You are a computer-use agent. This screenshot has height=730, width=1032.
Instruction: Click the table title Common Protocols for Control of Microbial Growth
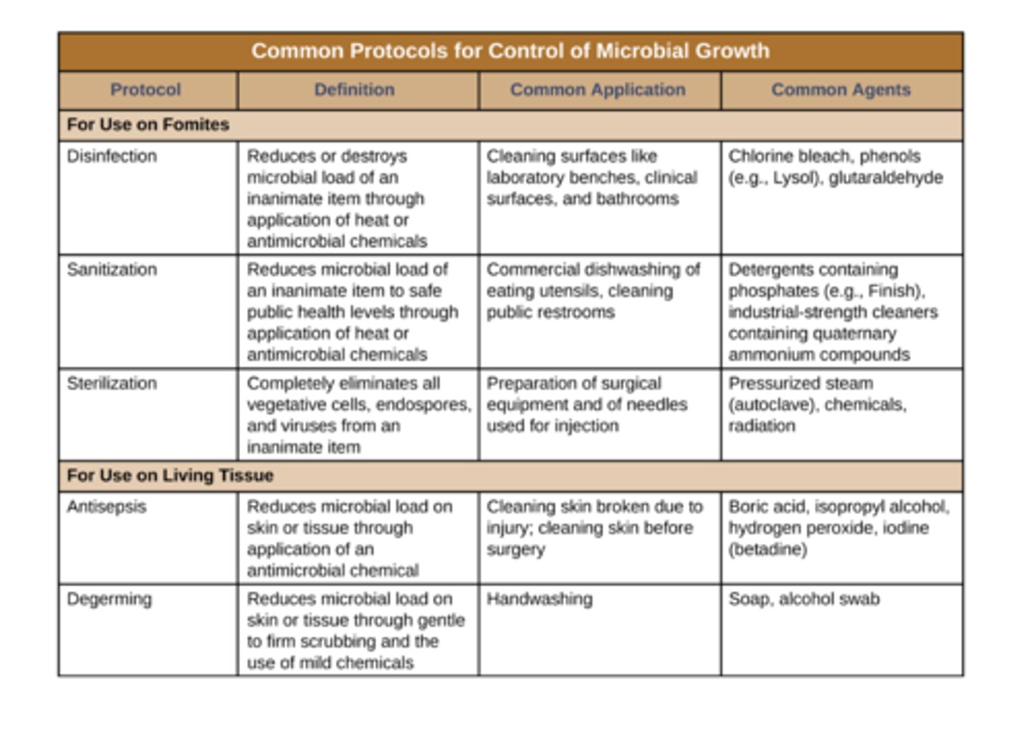coord(510,51)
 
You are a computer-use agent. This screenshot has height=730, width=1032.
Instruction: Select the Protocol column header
coord(145,90)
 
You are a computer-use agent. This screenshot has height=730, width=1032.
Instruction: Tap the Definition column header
coord(354,90)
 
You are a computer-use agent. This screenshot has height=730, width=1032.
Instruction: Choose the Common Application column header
coord(598,90)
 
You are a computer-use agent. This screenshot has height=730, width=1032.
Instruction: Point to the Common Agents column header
coord(841,90)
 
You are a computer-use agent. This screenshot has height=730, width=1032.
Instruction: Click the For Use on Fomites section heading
coord(148,125)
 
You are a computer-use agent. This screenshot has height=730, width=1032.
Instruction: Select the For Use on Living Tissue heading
coord(170,476)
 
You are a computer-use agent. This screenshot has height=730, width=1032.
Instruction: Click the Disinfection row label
coord(111,156)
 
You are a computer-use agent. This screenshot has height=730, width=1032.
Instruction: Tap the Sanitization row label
coord(111,269)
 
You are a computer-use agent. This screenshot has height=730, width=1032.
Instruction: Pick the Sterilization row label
coord(111,383)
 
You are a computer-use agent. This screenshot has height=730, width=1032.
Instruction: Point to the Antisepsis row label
coord(106,506)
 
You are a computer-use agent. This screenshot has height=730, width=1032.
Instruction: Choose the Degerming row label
coord(109,599)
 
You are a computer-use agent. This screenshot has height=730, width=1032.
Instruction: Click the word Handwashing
coord(539,599)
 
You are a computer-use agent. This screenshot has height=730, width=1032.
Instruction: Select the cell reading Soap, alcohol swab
coord(803,599)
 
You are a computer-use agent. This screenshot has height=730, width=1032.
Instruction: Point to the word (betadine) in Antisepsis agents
coord(768,549)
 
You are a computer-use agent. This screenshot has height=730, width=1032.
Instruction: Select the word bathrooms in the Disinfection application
coord(639,198)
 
